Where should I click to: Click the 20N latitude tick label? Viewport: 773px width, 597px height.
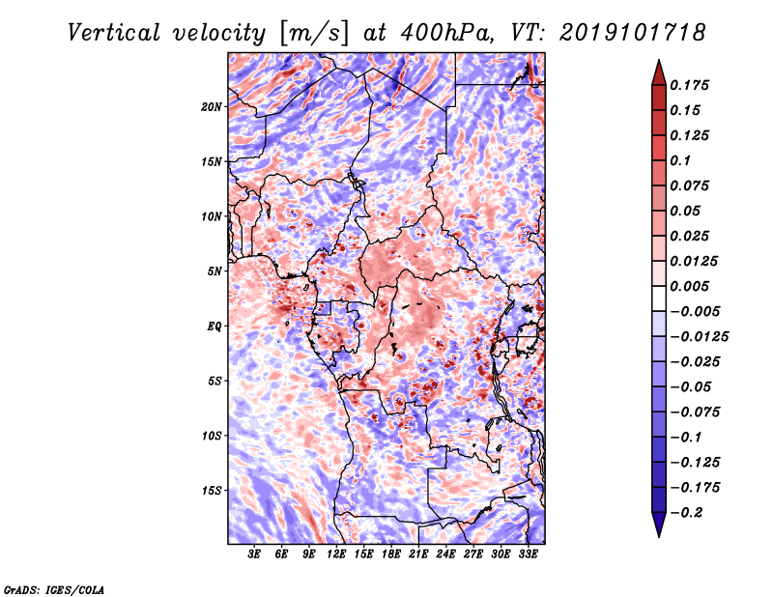(x=212, y=107)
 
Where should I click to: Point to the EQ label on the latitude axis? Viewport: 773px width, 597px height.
(x=214, y=327)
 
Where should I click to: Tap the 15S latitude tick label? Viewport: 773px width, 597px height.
(x=212, y=491)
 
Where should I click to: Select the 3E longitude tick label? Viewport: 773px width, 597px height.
(x=254, y=554)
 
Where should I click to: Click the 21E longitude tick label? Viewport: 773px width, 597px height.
(x=418, y=554)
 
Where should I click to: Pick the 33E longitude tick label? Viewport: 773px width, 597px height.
(x=528, y=554)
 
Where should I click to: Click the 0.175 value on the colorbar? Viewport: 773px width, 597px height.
(x=689, y=85)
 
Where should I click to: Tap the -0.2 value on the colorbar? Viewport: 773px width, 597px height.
(x=686, y=513)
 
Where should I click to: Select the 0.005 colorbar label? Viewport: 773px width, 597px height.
(x=689, y=286)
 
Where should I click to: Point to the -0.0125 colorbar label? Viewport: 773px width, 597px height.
(x=699, y=337)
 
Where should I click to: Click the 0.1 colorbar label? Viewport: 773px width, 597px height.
(x=680, y=160)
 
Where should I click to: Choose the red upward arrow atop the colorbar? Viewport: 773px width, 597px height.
(x=659, y=72)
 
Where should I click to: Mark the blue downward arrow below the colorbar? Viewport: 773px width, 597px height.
(x=659, y=525)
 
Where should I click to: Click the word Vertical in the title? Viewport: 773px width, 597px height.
(x=114, y=33)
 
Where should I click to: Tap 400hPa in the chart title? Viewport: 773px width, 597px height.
(x=446, y=33)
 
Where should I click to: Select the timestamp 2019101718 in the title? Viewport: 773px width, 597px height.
(x=633, y=33)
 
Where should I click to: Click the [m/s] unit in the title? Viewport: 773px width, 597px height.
(x=314, y=34)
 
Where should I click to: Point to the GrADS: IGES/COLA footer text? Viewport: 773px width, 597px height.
(x=54, y=589)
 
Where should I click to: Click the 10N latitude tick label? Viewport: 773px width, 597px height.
(x=212, y=216)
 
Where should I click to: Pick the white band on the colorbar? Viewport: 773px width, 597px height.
(x=659, y=298)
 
